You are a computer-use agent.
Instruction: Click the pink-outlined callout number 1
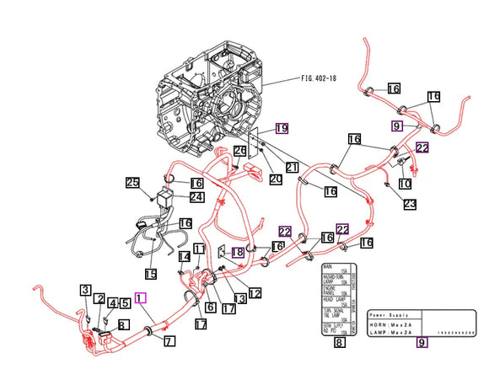coord(140,297)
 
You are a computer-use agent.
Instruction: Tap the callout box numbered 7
coord(169,341)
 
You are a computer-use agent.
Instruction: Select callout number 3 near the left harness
coord(86,291)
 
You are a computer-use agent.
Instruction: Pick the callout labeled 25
coord(132,183)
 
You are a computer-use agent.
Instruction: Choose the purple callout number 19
coord(282,129)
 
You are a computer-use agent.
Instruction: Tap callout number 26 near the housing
coord(239,151)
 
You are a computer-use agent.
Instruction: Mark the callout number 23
coord(409,203)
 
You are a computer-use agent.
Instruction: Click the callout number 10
coord(405,183)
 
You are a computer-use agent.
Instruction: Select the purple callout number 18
coord(238,252)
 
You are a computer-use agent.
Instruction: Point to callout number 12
coord(254,292)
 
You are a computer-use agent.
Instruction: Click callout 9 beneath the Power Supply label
coord(422,342)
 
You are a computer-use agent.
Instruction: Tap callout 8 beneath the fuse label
coord(339,342)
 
